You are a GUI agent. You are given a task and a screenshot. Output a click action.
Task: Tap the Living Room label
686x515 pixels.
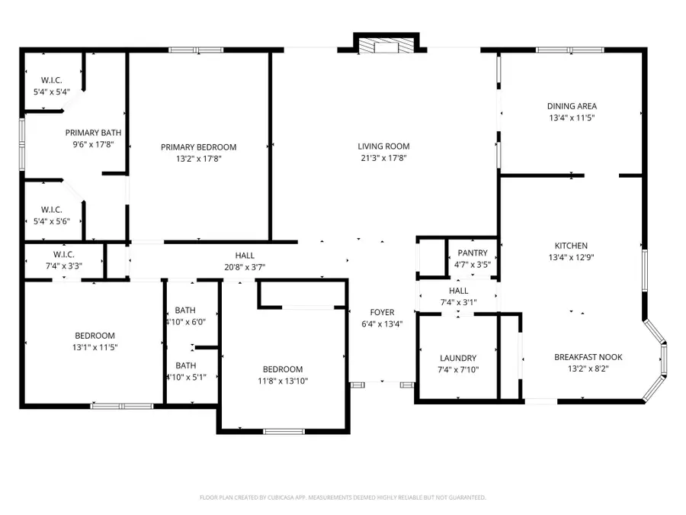(x=384, y=146)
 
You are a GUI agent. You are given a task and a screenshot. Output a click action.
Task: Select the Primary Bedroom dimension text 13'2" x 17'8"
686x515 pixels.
(x=198, y=159)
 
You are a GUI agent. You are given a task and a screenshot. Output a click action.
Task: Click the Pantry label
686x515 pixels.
(x=472, y=253)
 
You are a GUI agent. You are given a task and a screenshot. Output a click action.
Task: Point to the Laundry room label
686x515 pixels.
(x=458, y=358)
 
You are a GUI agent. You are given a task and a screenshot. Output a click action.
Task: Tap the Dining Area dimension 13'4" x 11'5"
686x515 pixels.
(x=572, y=118)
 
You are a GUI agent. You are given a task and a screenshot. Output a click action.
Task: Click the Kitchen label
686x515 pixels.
(x=571, y=246)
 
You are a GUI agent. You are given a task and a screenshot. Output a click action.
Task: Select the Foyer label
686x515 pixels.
(x=382, y=312)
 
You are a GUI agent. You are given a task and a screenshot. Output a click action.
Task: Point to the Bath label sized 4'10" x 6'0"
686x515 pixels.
(x=185, y=311)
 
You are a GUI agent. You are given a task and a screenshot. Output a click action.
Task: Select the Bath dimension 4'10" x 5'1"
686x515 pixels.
(x=185, y=377)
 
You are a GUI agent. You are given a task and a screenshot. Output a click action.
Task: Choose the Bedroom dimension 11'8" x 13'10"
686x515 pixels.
(x=283, y=381)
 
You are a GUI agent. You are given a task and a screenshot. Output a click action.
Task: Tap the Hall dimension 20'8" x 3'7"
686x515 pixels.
(x=245, y=267)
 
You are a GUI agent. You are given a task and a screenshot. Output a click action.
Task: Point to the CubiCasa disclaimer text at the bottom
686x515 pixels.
(x=342, y=497)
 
